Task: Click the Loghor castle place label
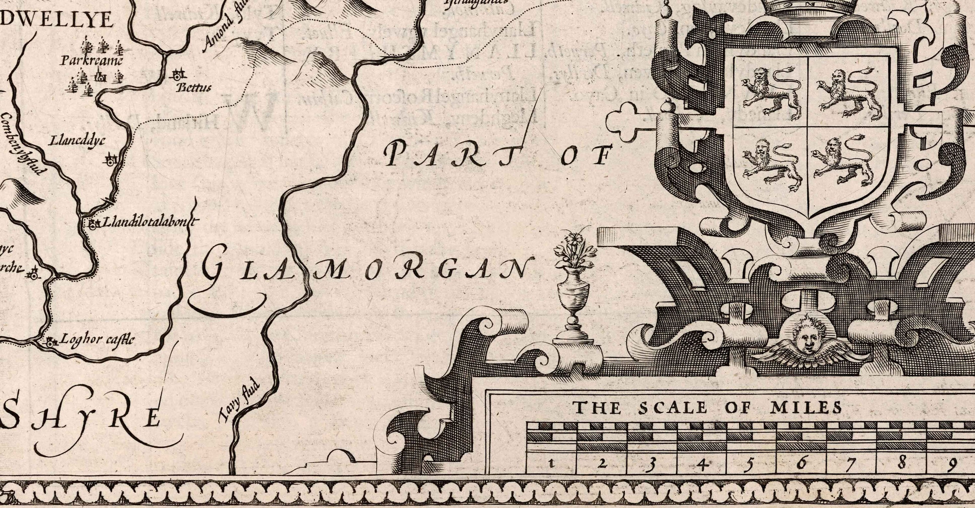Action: pyautogui.click(x=97, y=339)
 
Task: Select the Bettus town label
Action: pyautogui.click(x=194, y=88)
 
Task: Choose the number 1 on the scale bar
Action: pyautogui.click(x=552, y=463)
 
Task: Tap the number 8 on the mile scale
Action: pyautogui.click(x=901, y=462)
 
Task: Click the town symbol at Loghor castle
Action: pyautogui.click(x=51, y=343)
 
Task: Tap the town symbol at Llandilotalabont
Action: pyautogui.click(x=92, y=224)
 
